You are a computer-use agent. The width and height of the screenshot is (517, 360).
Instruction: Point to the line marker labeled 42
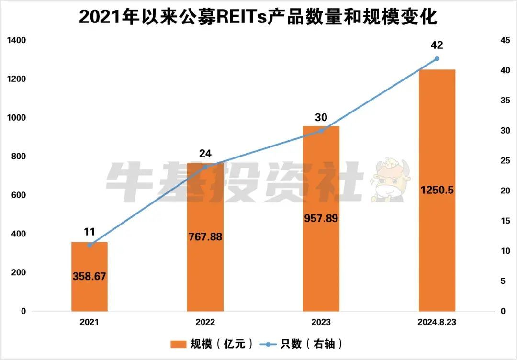pyautogui.click(x=437, y=58)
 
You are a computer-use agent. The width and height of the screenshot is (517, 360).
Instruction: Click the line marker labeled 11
pyautogui.click(x=90, y=245)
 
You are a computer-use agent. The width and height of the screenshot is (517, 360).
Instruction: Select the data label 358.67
pyautogui.click(x=90, y=276)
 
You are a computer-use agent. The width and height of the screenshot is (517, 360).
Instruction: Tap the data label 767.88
pyautogui.click(x=205, y=236)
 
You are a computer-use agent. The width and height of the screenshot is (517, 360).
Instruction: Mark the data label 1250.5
pyautogui.click(x=437, y=190)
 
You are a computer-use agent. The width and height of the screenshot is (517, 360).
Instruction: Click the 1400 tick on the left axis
pyautogui.click(x=16, y=40)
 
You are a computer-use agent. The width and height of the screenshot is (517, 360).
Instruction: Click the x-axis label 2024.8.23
pyautogui.click(x=437, y=323)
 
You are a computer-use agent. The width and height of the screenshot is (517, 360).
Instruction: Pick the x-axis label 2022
pyautogui.click(x=205, y=323)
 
